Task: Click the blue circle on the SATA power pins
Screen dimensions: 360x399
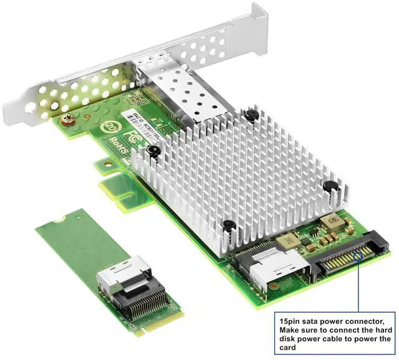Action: click(x=359, y=255)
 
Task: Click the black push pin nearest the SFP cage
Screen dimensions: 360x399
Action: click(x=250, y=115)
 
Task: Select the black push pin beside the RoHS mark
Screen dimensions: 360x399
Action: click(x=153, y=149)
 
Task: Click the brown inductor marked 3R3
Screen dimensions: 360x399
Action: click(x=289, y=239)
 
